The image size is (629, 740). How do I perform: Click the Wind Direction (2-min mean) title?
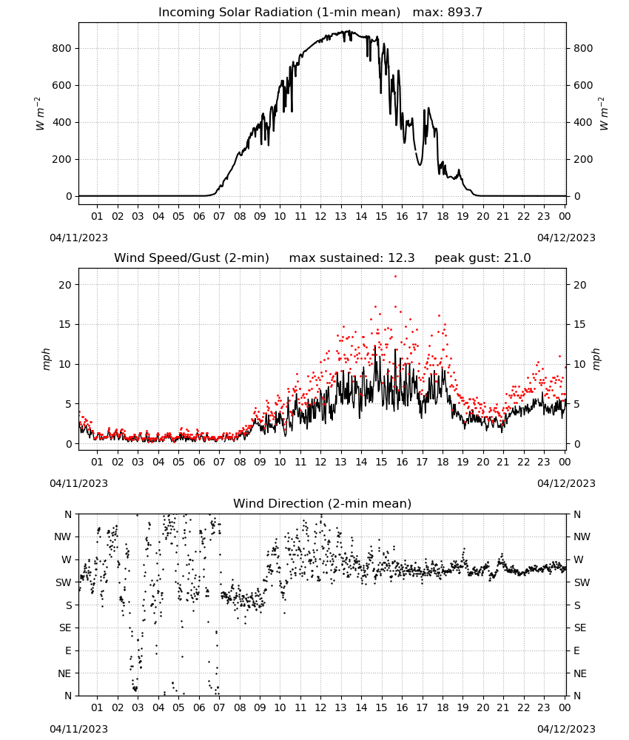[323, 503]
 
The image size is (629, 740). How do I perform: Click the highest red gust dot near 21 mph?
[395, 277]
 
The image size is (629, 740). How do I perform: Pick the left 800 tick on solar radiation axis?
[62, 48]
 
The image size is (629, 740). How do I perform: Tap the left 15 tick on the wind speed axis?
[65, 324]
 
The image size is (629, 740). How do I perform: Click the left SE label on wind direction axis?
[65, 628]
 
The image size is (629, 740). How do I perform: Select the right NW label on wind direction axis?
[582, 536]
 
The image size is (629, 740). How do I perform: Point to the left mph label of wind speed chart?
[46, 359]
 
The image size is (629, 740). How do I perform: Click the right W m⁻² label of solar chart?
[604, 114]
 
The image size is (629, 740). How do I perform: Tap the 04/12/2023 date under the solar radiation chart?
[566, 238]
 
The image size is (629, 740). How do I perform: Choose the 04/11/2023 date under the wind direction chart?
[78, 729]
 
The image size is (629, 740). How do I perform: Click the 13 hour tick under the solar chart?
[340, 216]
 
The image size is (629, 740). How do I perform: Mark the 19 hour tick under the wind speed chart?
[462, 462]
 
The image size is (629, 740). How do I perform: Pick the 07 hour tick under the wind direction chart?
[219, 707]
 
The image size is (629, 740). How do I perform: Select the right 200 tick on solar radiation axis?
[583, 159]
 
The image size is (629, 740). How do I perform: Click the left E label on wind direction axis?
[68, 650]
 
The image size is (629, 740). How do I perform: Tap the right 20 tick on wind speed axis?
[580, 285]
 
